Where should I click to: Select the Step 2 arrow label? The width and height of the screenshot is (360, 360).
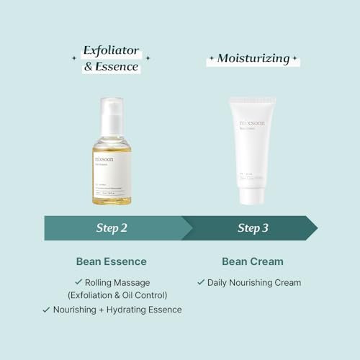click(112, 228)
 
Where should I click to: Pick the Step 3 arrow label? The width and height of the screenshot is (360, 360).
click(253, 228)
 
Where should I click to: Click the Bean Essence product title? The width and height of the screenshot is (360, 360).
click(112, 261)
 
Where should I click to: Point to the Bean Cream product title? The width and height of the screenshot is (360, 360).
click(249, 261)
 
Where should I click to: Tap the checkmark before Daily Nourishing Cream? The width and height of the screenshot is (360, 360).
click(201, 282)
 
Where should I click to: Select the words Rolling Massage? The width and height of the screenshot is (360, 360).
click(117, 282)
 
